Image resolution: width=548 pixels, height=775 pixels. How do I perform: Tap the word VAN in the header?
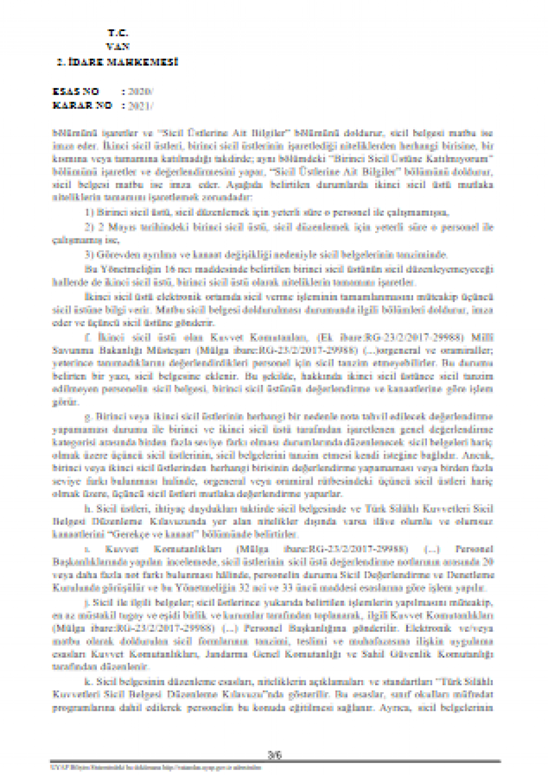pyautogui.click(x=117, y=47)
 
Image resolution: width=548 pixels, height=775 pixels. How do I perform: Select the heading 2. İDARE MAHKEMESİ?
pyautogui.click(x=118, y=62)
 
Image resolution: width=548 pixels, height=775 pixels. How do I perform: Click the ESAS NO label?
pyautogui.click(x=76, y=91)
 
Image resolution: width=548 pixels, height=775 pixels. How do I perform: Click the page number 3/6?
pyautogui.click(x=275, y=755)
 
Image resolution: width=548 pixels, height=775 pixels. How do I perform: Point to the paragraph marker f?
pyautogui.click(x=87, y=338)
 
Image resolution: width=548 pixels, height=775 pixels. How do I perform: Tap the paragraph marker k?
pyautogui.click(x=88, y=681)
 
